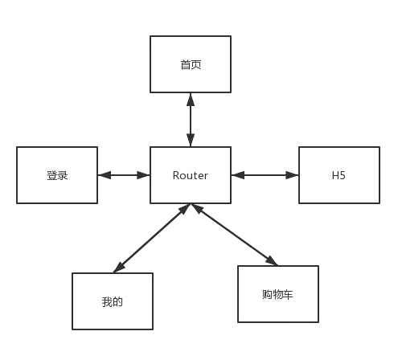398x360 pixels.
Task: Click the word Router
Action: click(191, 175)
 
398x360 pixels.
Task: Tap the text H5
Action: click(339, 175)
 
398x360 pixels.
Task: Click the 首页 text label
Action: click(191, 65)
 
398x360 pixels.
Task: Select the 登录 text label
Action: click(57, 176)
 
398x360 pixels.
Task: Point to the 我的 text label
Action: click(113, 302)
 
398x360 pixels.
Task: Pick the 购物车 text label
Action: click(277, 294)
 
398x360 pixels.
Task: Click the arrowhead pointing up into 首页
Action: click(191, 99)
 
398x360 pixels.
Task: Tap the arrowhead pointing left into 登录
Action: click(105, 175)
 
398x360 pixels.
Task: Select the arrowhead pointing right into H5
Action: click(292, 175)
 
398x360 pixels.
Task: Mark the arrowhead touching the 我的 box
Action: click(119, 268)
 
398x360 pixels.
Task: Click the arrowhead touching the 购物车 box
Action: click(272, 260)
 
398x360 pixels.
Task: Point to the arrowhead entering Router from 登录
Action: click(143, 175)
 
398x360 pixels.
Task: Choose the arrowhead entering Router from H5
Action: click(238, 175)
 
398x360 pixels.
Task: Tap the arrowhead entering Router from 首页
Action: click(191, 140)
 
